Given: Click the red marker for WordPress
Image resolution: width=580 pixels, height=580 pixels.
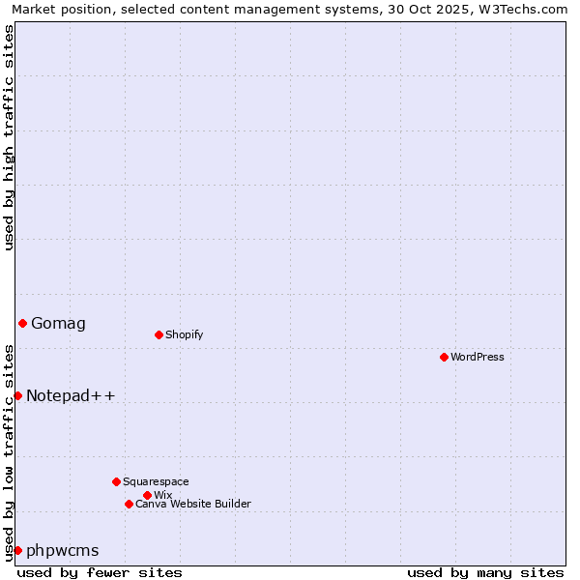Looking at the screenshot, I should point(444,357).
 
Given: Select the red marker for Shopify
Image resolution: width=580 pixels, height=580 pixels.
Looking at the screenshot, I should point(159,334).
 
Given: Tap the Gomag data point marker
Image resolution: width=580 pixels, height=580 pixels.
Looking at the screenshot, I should point(22,323).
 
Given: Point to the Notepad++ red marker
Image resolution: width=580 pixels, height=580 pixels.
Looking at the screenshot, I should point(17,395).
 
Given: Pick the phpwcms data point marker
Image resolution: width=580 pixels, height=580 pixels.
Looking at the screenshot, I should point(17,550).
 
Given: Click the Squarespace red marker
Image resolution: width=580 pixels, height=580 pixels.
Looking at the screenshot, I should point(116,481).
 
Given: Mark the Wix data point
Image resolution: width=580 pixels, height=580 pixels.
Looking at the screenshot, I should point(147,495).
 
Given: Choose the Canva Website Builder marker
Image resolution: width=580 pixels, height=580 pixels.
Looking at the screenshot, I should point(129,504).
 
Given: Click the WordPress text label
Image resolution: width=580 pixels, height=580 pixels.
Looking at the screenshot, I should point(478,357).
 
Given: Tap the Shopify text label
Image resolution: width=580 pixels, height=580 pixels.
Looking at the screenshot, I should point(185,334).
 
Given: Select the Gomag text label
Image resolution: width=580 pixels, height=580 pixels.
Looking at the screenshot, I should point(58,323).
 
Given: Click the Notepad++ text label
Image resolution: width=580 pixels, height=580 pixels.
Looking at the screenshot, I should point(71,395).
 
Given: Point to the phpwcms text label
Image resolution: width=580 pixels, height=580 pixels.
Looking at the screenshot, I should point(63,550).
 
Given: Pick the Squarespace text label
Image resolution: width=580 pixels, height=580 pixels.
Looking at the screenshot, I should point(156,481).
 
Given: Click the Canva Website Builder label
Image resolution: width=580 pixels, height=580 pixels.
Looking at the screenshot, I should point(193,504).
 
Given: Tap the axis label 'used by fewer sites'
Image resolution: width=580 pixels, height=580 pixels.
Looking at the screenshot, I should point(100,572).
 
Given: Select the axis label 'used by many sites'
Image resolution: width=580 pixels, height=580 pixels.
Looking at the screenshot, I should point(485,572).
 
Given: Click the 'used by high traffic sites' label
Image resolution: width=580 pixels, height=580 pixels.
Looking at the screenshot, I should point(9,137).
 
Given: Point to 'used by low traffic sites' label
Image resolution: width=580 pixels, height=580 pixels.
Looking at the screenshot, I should point(9,452).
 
